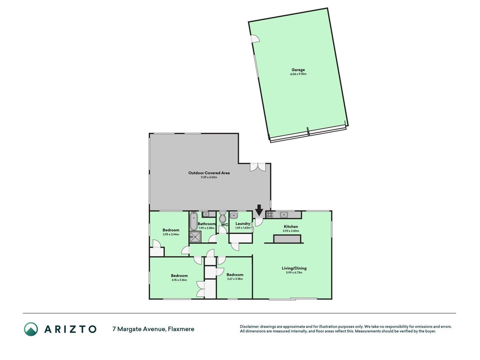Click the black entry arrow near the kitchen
tap(259, 210)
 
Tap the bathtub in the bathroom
tap(193, 221)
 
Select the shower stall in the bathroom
tap(195, 237)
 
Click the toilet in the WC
tap(223, 217)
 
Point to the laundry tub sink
tap(234, 215)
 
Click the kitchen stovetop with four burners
tap(269, 214)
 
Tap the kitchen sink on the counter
tap(284, 214)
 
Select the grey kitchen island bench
tap(287, 238)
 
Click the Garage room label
tap(298, 70)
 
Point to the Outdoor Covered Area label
tap(209, 173)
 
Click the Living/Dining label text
tap(294, 268)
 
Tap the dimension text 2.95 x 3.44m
tap(171, 234)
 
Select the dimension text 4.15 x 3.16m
tap(179, 280)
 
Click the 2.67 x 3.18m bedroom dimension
tap(235, 279)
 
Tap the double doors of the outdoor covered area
tap(257, 167)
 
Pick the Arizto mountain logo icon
tap(31, 329)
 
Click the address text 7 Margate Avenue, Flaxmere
tap(153, 329)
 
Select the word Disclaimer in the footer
tap(249, 327)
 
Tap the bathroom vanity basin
tap(206, 214)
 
